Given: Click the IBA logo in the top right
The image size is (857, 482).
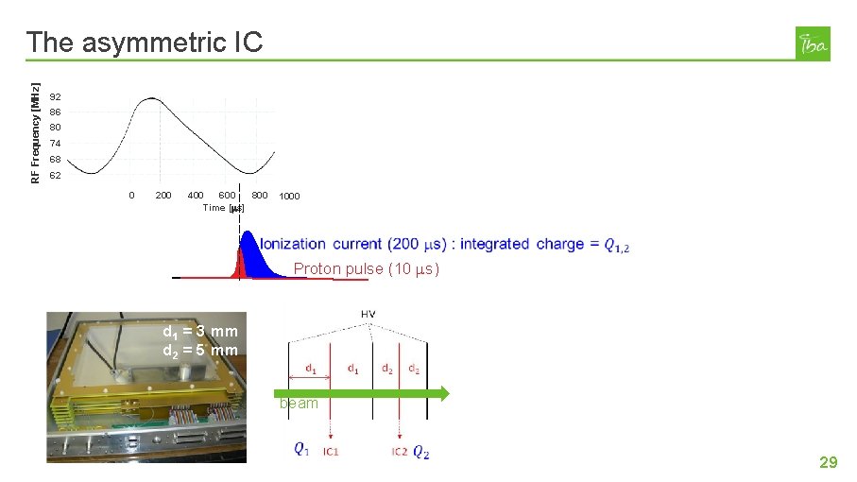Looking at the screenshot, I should (813, 43).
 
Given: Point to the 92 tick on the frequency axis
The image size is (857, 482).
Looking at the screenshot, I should (56, 97).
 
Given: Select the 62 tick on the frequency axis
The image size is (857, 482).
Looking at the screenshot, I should (56, 176).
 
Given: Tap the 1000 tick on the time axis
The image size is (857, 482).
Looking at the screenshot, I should (289, 197).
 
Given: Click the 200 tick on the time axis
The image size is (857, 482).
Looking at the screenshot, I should (163, 196).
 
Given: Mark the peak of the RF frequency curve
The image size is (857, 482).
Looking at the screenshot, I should (151, 98).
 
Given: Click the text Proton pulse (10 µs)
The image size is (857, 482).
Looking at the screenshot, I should (366, 269).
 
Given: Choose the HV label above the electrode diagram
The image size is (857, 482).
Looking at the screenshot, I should (368, 314).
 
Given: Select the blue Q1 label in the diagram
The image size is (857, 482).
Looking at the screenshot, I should (300, 450).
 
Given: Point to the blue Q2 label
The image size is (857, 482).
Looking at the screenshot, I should (421, 453).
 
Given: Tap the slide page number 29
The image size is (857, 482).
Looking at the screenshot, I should (828, 462).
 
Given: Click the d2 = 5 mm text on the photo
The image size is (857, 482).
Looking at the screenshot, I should (200, 351).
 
